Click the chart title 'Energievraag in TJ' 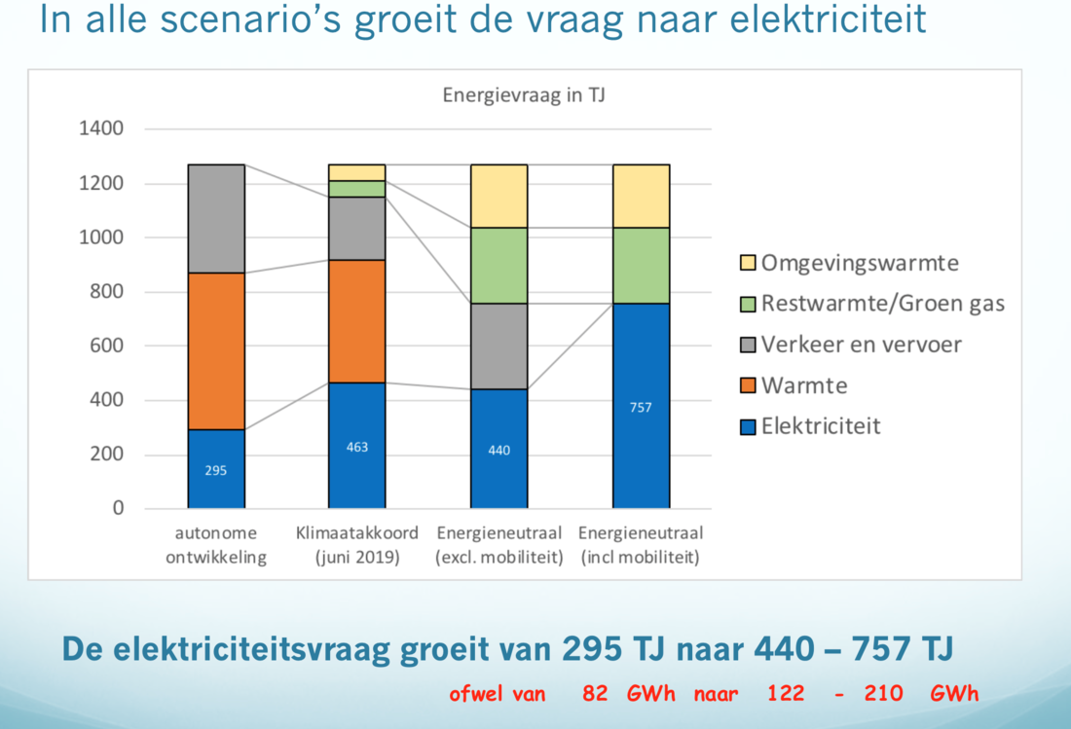(524, 94)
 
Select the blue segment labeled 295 (216, 469)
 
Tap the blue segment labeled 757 (641, 406)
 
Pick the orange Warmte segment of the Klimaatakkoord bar (356, 321)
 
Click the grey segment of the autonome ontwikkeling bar (216, 218)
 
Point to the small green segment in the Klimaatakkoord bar (356, 189)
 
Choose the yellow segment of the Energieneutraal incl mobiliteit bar (641, 196)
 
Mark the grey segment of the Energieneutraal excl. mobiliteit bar (499, 346)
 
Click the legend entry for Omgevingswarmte (850, 263)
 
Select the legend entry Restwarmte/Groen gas (872, 304)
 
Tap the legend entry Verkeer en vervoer (851, 345)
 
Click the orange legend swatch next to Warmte (748, 385)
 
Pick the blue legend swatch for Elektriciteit (748, 426)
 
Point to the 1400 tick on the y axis (101, 128)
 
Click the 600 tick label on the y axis (106, 346)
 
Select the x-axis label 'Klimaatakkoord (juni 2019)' (357, 545)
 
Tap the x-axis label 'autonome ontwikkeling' (216, 545)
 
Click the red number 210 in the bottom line (883, 694)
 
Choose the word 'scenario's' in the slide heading (250, 19)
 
